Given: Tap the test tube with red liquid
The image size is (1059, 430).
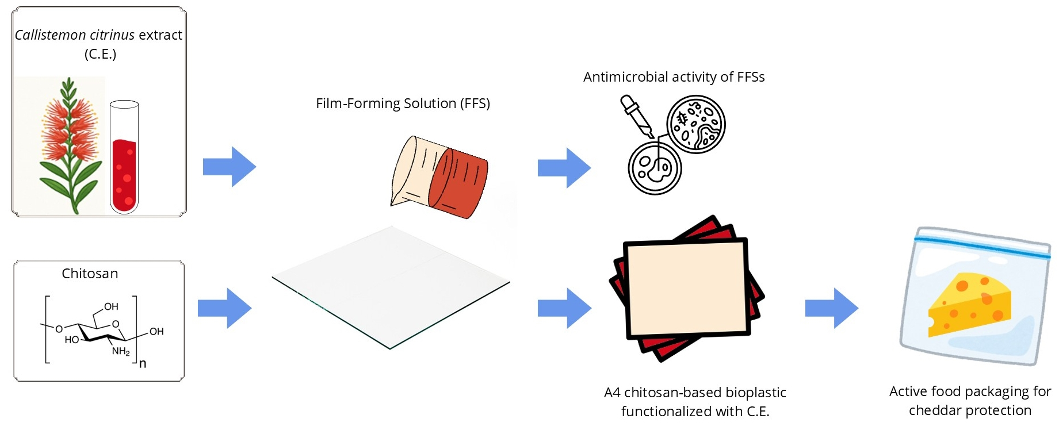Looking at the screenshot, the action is click(124, 157).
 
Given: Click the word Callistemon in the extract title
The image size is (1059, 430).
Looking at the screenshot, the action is click(51, 35).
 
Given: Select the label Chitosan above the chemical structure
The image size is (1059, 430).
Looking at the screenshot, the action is click(90, 274).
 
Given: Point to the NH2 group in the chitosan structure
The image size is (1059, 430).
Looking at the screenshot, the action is click(121, 351).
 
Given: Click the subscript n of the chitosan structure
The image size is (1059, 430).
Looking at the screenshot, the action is click(143, 363).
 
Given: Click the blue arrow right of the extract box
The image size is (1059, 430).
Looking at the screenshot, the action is click(230, 167).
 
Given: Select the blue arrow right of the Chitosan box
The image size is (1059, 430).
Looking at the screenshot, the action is click(225, 308).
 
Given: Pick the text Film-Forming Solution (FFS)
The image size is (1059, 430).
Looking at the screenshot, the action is click(403, 103).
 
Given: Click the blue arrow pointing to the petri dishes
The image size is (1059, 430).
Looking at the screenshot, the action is click(564, 168).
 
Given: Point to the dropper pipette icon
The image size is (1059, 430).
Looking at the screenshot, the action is click(637, 116).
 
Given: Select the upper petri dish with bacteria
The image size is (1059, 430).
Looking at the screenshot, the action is click(696, 124).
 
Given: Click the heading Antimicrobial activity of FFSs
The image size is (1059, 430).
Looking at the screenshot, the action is click(674, 77).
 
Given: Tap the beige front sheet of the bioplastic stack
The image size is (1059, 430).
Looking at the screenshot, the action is click(687, 289).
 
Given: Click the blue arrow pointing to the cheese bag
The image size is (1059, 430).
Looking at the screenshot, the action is click(832, 308).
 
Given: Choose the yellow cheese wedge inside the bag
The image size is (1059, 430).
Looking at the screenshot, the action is click(970, 304).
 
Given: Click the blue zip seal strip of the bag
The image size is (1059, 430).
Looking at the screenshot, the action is click(982, 245).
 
